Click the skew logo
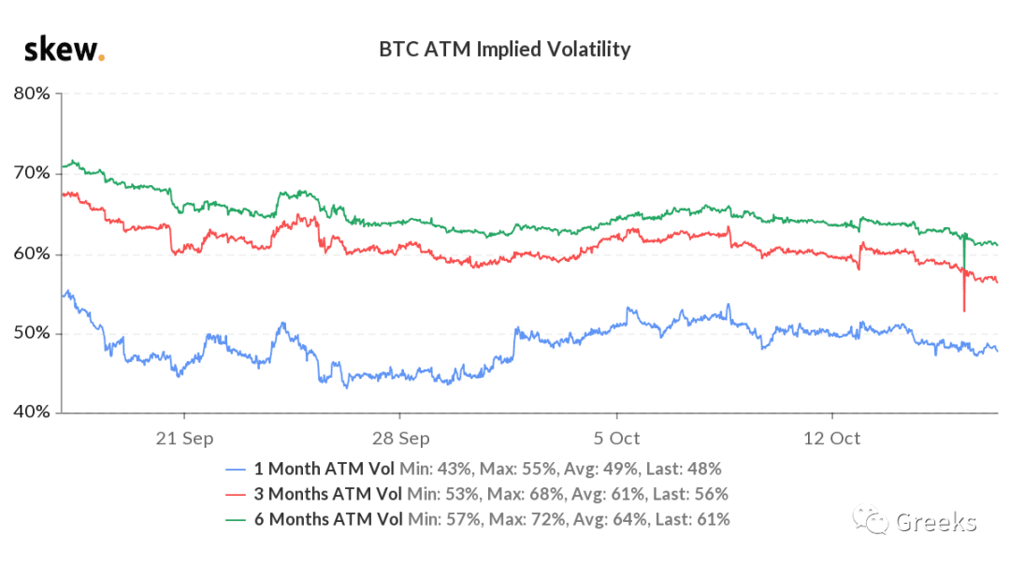point(64,49)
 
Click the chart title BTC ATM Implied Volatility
point(504,49)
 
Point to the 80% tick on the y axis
point(32,94)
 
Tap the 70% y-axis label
point(32,173)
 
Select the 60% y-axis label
point(32,253)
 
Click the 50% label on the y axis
point(32,333)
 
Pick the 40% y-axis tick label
point(32,412)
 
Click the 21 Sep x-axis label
point(184,439)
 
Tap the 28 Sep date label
point(400,439)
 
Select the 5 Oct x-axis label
point(616,439)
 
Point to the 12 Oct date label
point(831,439)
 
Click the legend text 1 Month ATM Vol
point(324,469)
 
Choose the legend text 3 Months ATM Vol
point(328,494)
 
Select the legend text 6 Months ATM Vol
point(328,519)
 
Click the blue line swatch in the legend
point(236,470)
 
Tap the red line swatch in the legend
point(236,495)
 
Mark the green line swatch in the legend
point(236,520)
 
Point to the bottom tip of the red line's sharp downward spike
point(964,311)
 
